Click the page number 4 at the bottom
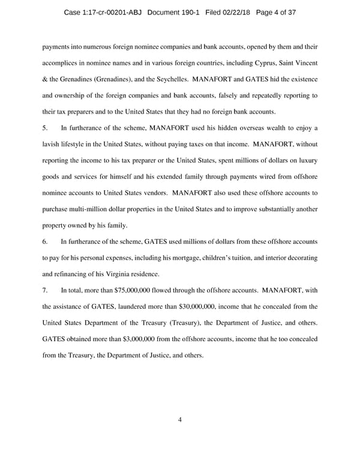pyautogui.click(x=180, y=420)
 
